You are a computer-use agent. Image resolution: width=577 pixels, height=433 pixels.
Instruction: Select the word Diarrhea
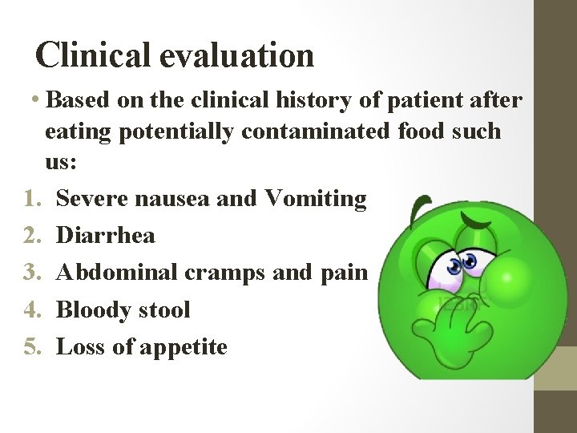tap(107, 235)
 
